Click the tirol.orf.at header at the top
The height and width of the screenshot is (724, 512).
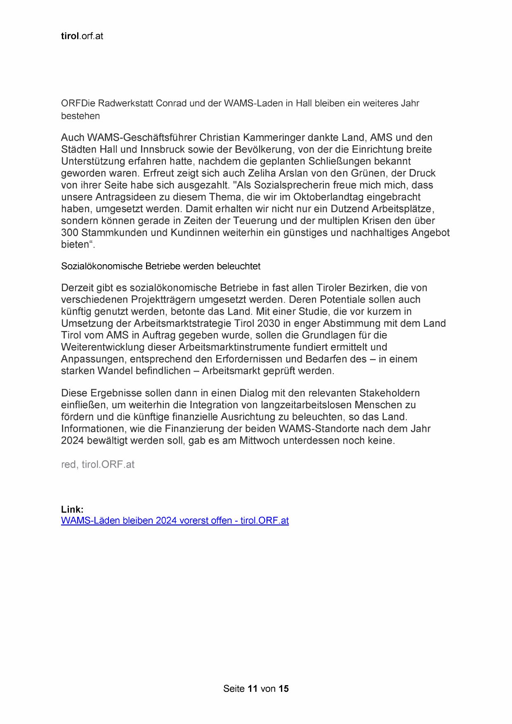(82, 36)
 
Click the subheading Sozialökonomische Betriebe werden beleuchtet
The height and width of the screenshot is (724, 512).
(160, 266)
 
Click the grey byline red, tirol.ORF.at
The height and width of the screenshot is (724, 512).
(98, 464)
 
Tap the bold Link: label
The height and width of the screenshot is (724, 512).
(72, 509)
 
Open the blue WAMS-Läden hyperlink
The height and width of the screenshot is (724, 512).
(175, 521)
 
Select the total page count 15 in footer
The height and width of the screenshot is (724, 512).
(283, 689)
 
